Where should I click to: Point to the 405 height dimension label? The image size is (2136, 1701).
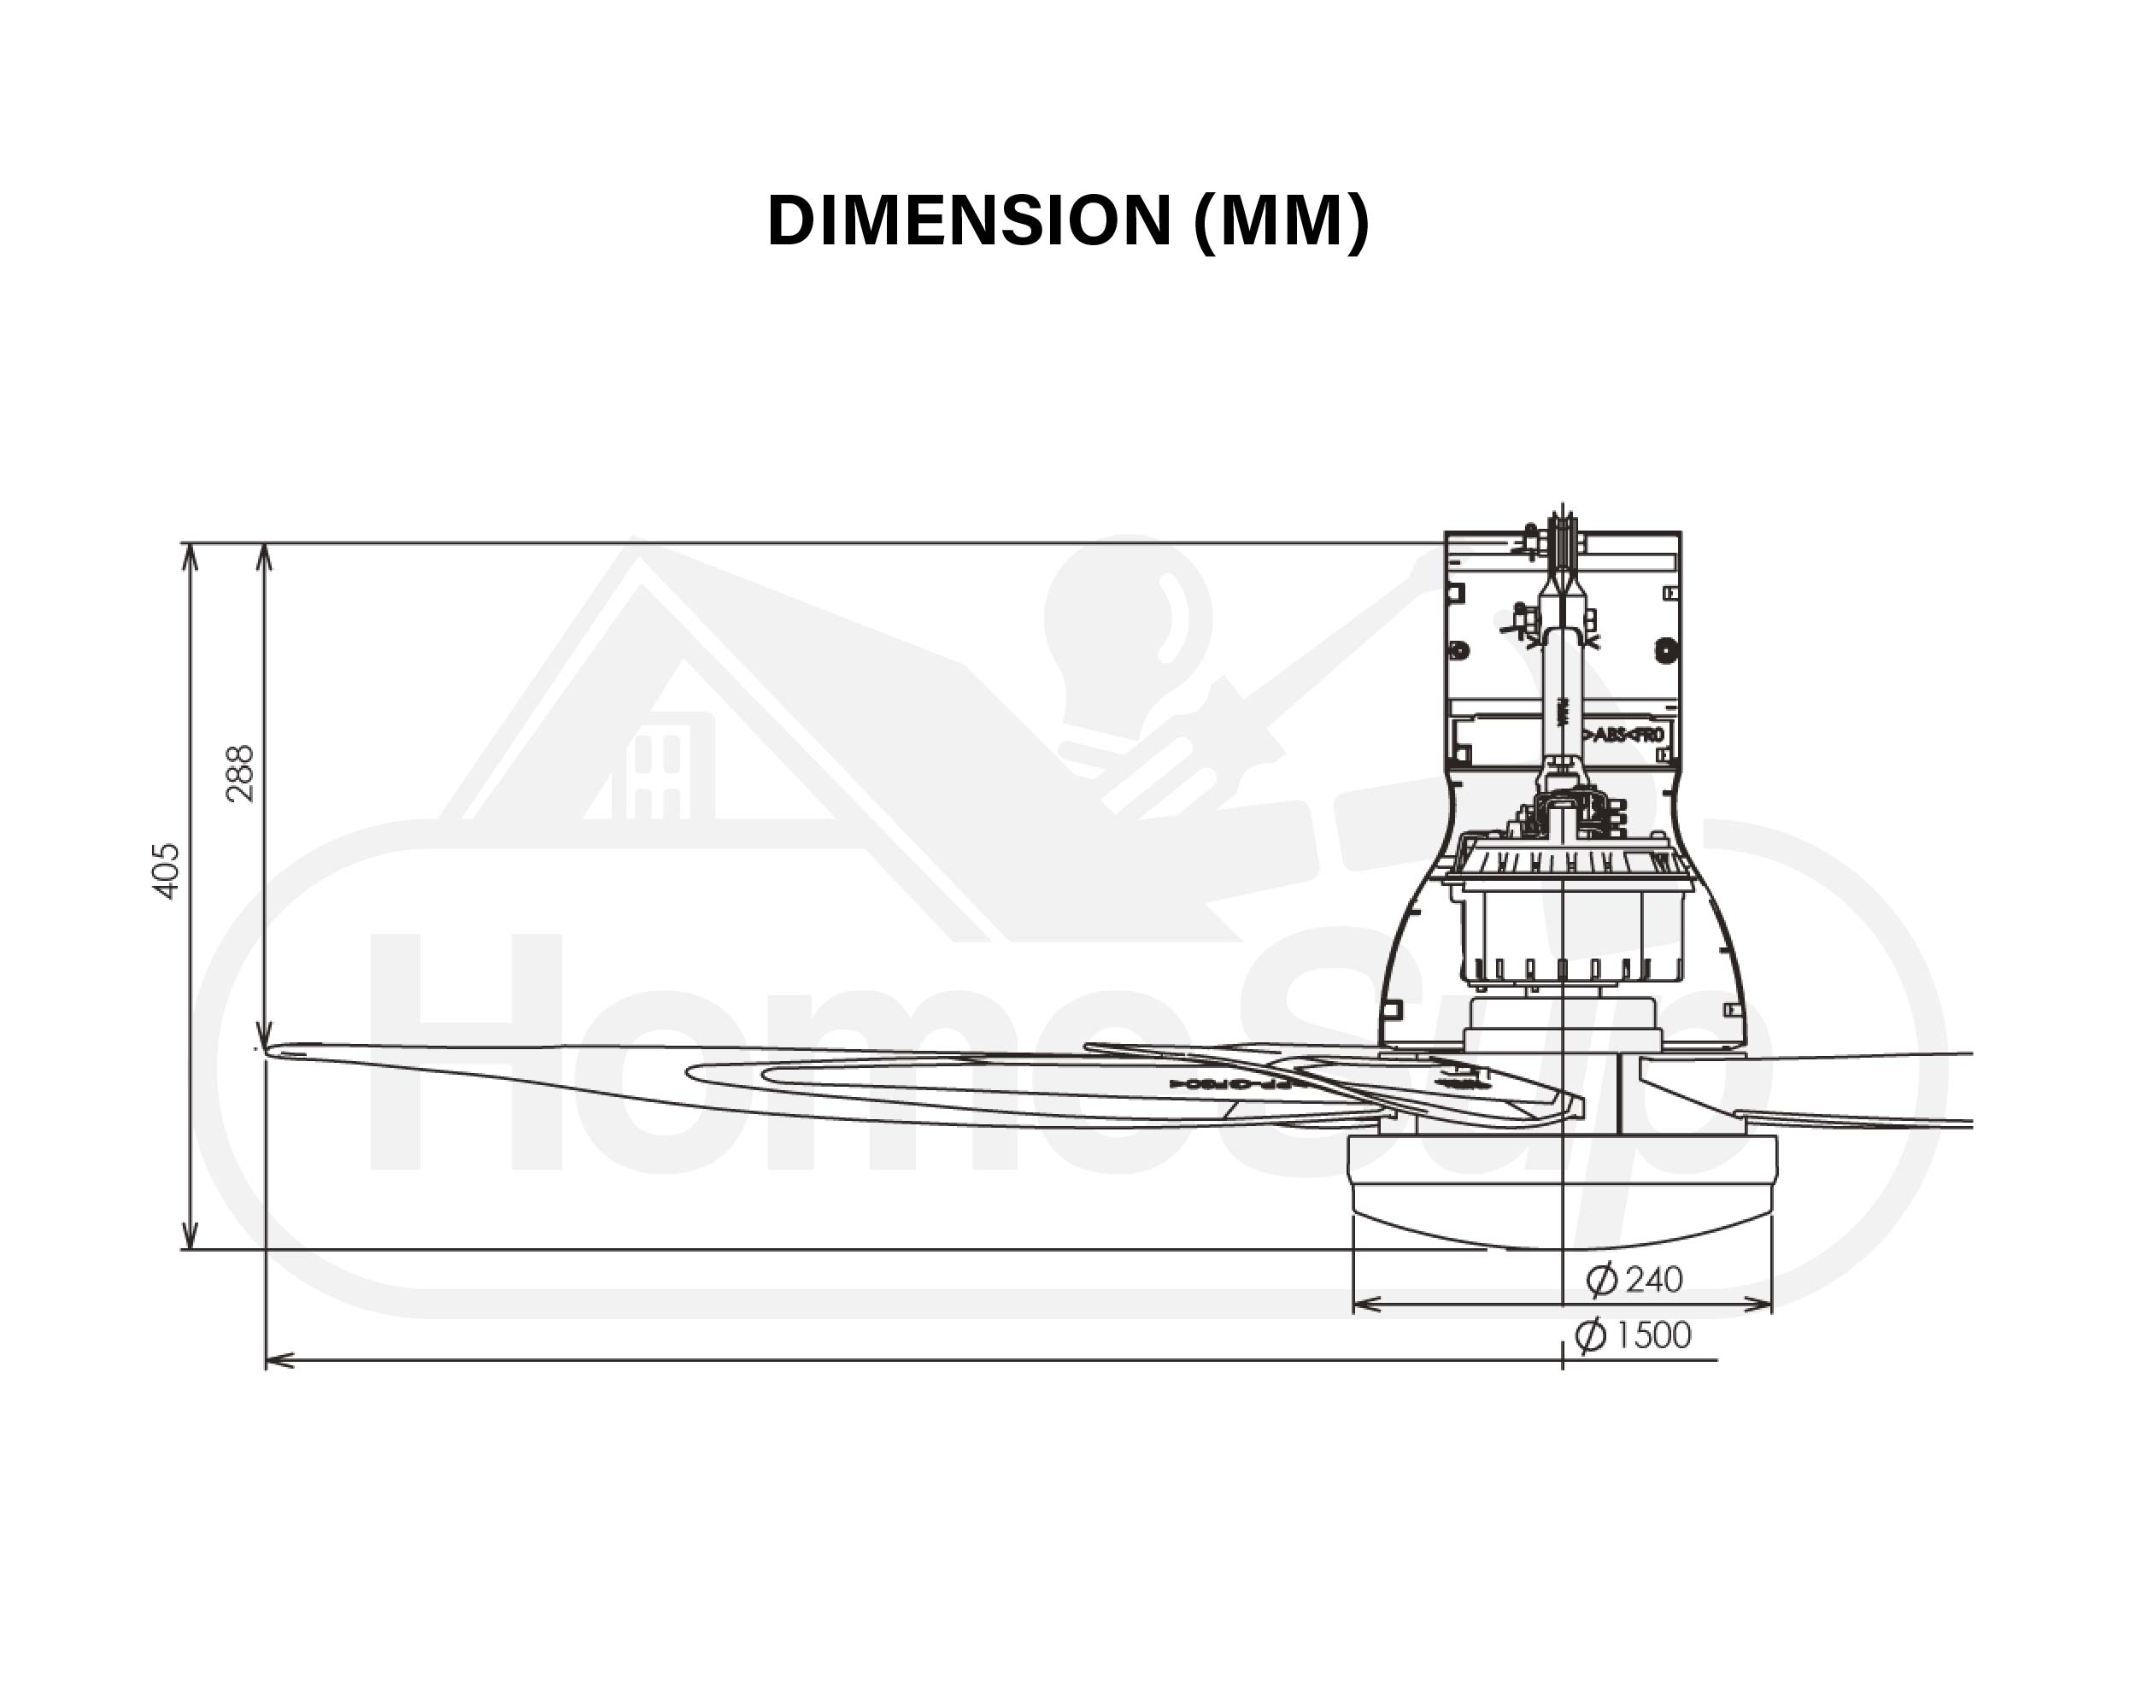(167, 871)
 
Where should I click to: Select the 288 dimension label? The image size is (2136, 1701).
(240, 774)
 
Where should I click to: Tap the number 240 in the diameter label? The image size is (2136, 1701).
(1653, 1280)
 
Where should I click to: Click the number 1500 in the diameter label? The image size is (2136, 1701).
(1652, 1335)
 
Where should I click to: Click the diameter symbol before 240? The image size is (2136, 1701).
(1601, 1280)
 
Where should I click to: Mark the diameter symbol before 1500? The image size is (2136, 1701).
(1590, 1335)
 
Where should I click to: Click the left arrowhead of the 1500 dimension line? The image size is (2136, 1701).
(278, 1361)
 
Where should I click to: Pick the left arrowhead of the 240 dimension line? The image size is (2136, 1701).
(1364, 1305)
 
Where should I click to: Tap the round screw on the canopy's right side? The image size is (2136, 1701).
(1666, 651)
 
